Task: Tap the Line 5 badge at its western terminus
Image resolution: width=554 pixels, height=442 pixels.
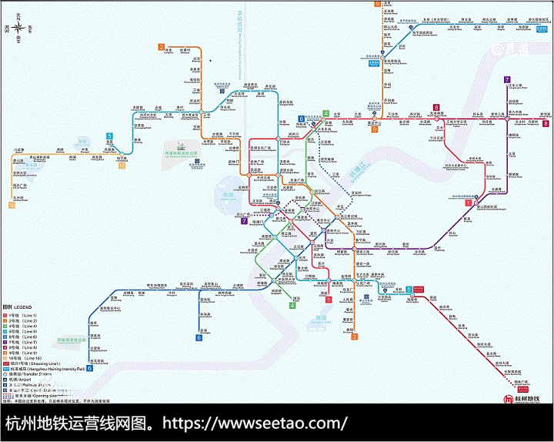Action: pyautogui.click(x=110, y=136)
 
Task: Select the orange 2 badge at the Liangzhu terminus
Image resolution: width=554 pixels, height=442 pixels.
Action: pyautogui.click(x=162, y=47)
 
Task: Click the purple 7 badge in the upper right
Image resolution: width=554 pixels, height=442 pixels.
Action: pyautogui.click(x=507, y=79)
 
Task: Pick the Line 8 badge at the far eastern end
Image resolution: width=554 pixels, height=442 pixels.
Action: pyautogui.click(x=546, y=123)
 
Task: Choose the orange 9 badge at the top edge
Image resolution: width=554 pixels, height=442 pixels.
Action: pyautogui.click(x=378, y=4)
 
